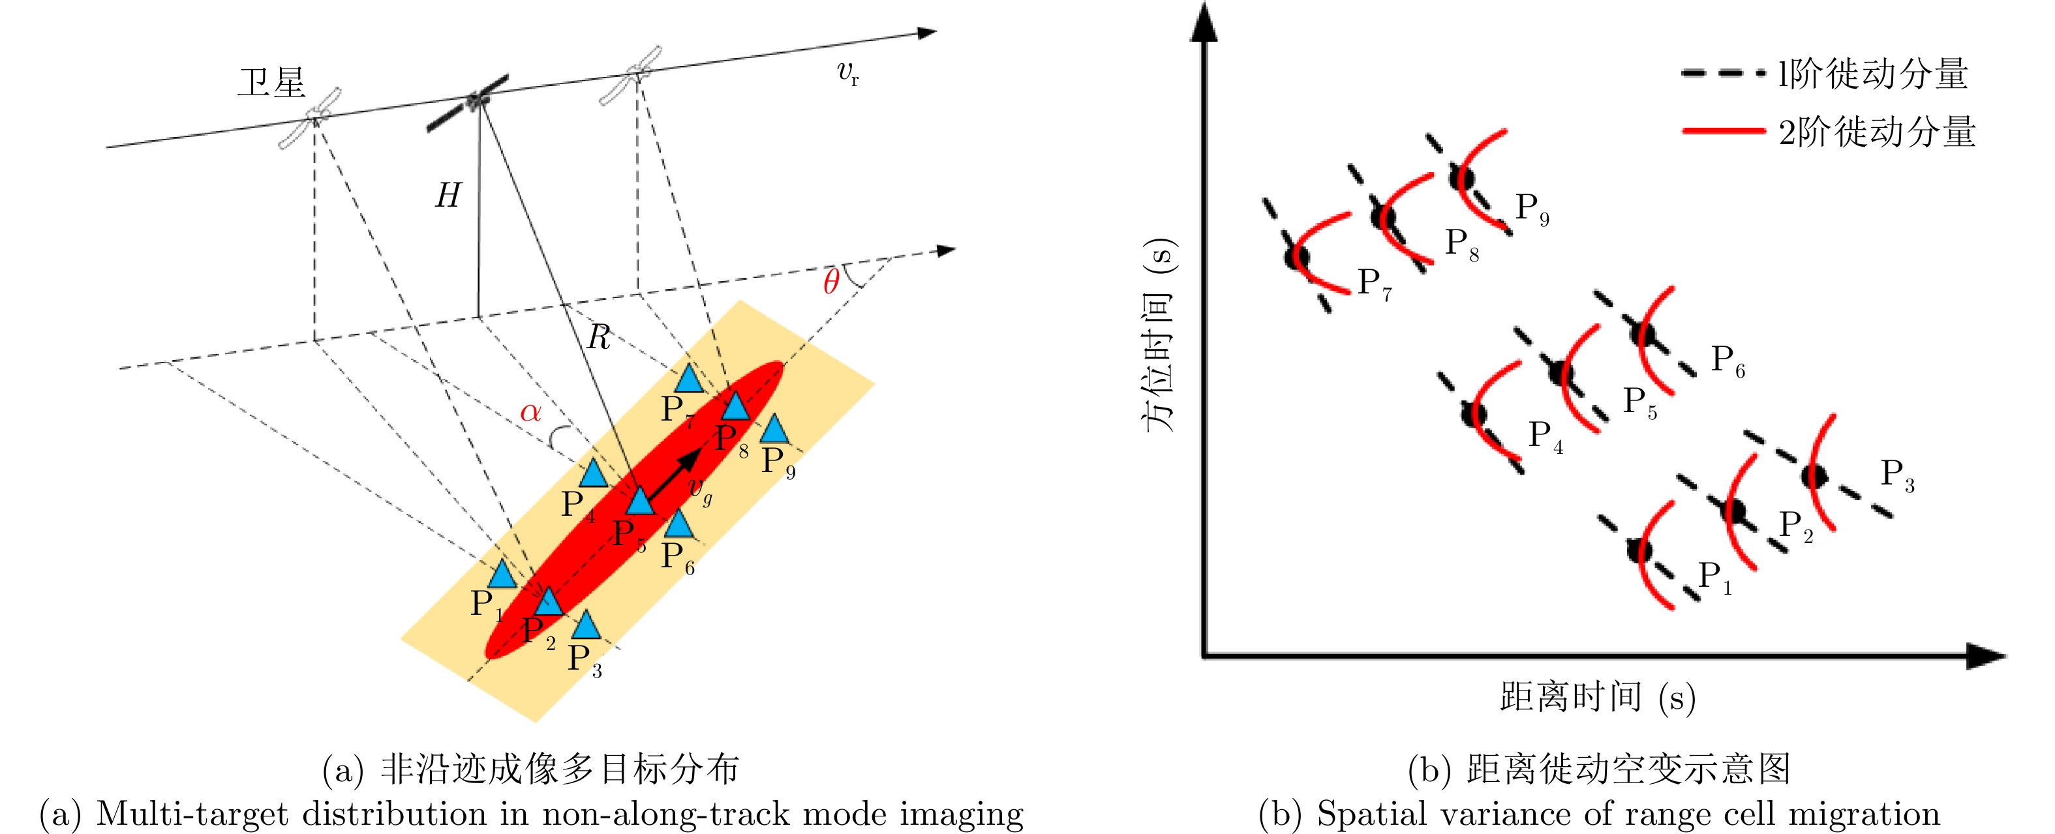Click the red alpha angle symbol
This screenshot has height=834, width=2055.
530,412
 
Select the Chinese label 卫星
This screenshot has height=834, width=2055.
271,82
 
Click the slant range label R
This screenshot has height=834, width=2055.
598,338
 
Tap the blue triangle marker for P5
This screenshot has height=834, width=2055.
640,501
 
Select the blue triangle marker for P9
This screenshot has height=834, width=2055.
774,430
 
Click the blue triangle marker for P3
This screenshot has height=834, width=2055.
586,626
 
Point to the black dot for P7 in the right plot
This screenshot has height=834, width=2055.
1297,257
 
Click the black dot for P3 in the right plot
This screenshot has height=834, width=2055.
1815,476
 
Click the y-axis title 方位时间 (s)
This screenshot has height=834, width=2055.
1161,335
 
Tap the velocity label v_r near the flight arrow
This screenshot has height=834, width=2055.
847,73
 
